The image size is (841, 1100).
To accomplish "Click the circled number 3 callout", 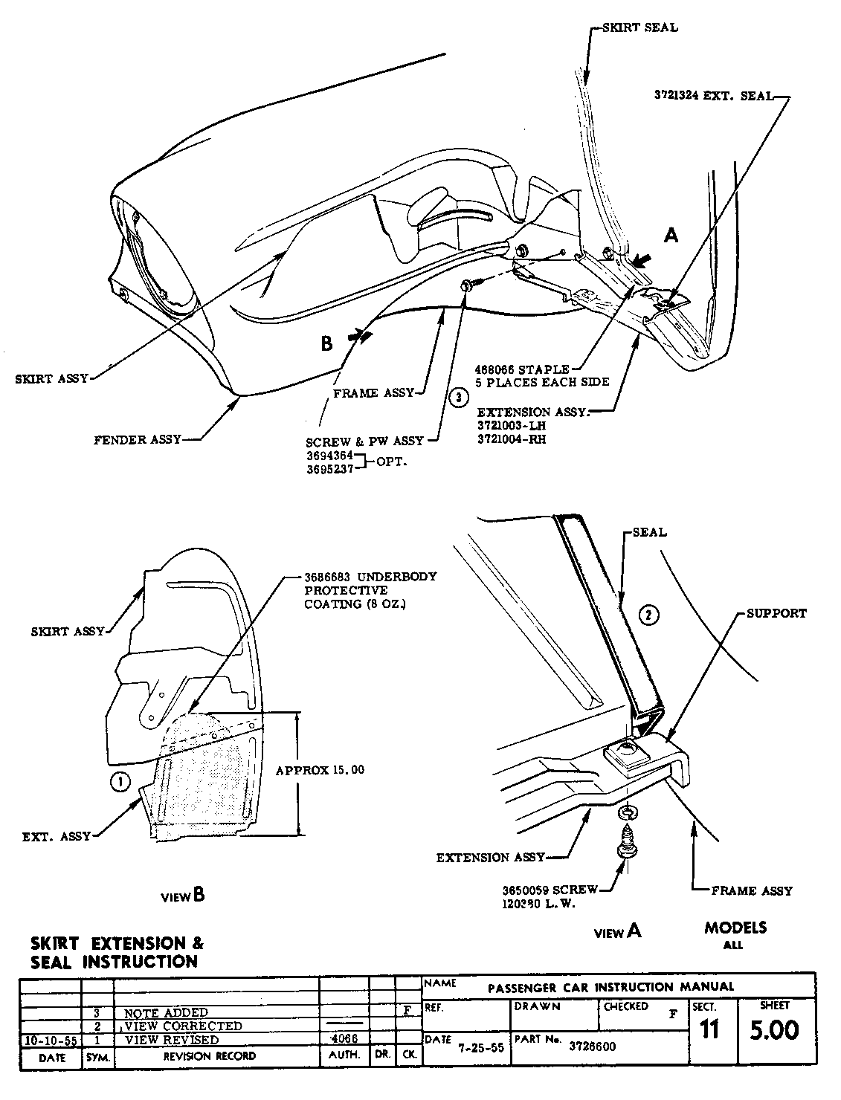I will click(459, 397).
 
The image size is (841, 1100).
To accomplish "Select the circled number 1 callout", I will click(118, 780).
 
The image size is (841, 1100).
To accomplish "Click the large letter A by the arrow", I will click(671, 236).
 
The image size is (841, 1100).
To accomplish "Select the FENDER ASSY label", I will click(138, 440).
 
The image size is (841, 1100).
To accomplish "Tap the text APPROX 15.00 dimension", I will click(320, 770).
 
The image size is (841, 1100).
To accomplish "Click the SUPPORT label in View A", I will click(776, 614).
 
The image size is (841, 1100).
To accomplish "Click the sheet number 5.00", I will click(774, 1030).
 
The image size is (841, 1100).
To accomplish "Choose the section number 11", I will click(709, 1031).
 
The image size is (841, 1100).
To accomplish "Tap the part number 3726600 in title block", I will click(592, 1046).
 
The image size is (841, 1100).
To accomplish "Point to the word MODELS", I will click(735, 928).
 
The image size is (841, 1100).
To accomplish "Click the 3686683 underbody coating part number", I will click(329, 577).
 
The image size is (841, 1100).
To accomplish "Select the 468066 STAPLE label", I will click(523, 369).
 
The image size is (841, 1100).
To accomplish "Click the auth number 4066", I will click(343, 1038).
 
